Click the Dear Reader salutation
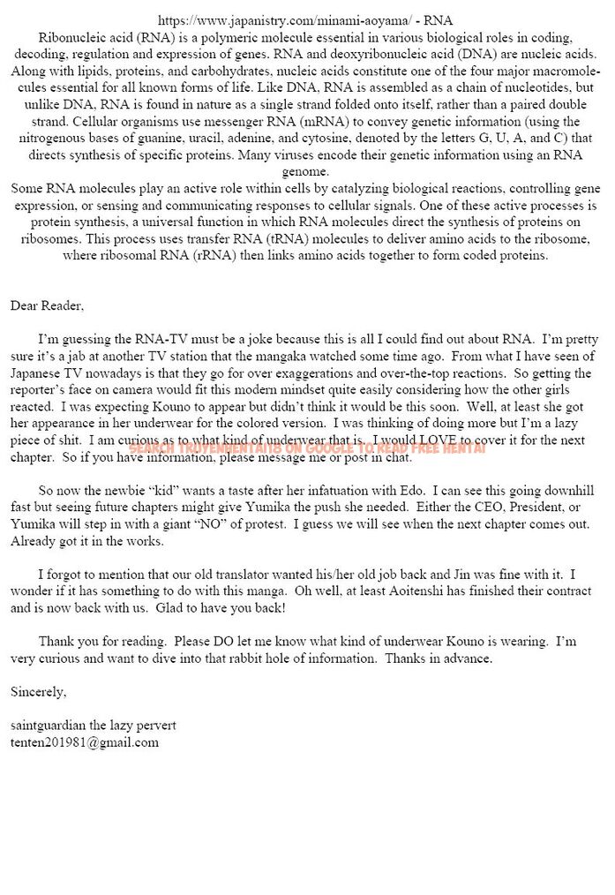point(47,305)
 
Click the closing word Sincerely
point(38,691)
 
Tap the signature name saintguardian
point(49,725)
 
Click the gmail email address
point(85,742)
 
